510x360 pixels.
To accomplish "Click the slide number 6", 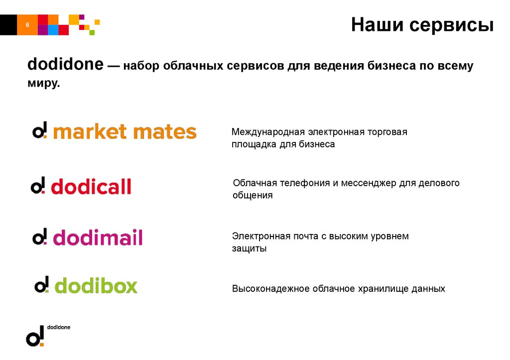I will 27,25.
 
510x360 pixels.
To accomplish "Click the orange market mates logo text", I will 125,132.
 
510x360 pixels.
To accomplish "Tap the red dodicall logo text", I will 91,187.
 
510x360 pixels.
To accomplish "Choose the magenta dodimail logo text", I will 98,238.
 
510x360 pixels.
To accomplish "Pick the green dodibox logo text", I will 96,286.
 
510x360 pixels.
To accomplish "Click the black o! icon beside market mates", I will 39,131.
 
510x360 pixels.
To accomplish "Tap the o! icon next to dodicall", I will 38,186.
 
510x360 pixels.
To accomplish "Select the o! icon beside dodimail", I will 39,237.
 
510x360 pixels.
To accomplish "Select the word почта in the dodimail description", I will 298,236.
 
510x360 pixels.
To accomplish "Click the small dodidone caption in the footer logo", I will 59,327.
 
